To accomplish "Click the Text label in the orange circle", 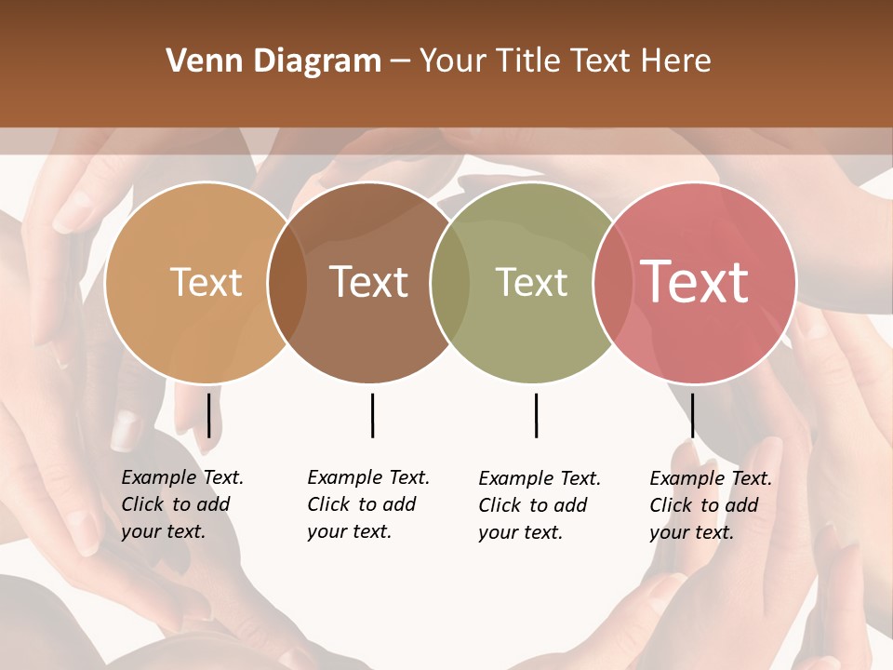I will point(206,283).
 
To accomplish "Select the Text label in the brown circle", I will point(369,283).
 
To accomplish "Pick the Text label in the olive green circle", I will point(531,283).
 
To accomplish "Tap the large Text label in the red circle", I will point(695,283).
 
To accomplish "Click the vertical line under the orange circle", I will point(208,415).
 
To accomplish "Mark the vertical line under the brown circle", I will point(372,415).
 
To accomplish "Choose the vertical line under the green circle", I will point(536,415).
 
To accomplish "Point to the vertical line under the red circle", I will point(692,415).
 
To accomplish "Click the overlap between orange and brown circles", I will point(287,283).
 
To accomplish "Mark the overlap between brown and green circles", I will point(449,283).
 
